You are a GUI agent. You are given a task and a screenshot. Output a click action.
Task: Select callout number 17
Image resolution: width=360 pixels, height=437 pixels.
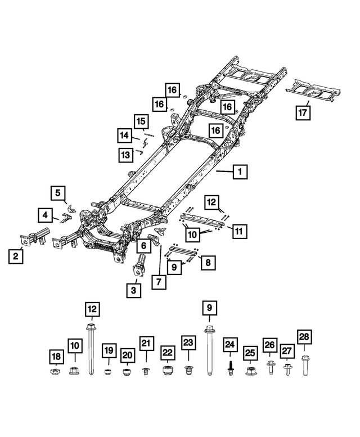[303, 112]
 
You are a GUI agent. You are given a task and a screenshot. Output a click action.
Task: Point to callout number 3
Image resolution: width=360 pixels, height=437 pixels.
[133, 290]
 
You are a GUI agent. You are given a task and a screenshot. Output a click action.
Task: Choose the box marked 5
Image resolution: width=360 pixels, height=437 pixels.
[57, 193]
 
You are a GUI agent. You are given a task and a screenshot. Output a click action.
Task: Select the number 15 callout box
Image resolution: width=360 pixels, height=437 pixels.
[141, 121]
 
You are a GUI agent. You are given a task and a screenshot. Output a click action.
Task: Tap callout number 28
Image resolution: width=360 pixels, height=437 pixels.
[304, 337]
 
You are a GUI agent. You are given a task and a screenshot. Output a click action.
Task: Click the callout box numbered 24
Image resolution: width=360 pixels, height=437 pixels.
[229, 344]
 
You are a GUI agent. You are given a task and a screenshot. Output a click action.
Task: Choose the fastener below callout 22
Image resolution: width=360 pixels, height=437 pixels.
[166, 371]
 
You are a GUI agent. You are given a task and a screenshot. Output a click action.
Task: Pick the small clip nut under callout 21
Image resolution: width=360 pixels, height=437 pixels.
[146, 371]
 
